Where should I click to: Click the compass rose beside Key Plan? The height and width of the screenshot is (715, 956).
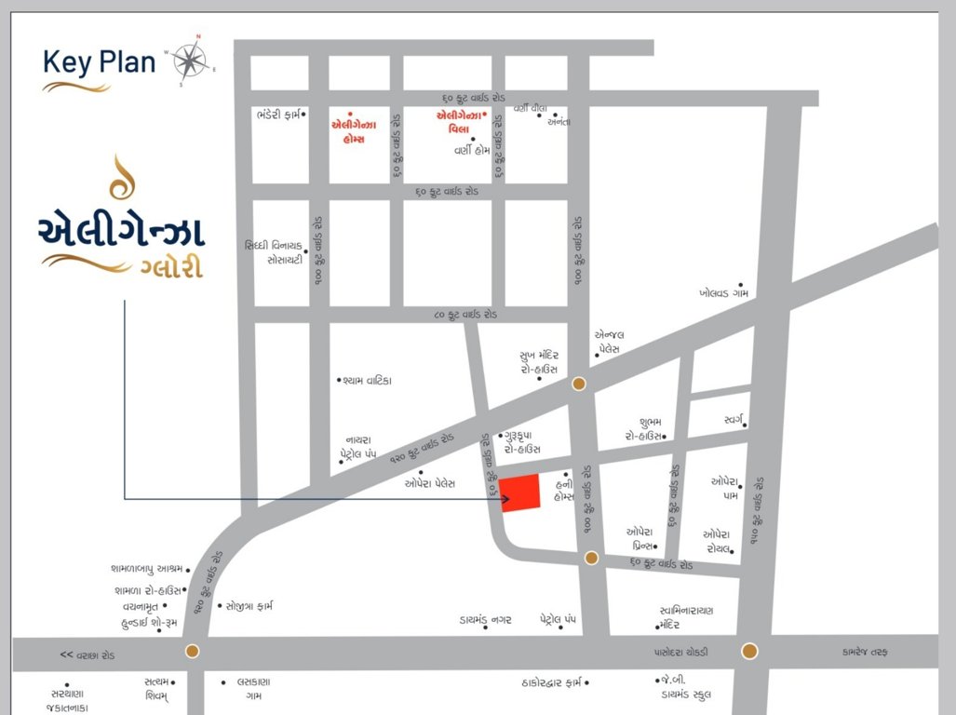point(191,61)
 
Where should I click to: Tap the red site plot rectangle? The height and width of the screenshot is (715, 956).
point(520,492)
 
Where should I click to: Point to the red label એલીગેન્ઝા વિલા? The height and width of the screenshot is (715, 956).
point(460,123)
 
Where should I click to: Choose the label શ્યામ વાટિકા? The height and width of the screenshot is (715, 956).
point(368,381)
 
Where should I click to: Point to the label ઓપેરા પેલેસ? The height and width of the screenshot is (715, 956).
point(429,483)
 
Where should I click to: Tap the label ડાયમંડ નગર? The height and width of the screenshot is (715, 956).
point(485,619)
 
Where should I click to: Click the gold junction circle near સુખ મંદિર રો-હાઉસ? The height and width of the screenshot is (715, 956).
point(579,384)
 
